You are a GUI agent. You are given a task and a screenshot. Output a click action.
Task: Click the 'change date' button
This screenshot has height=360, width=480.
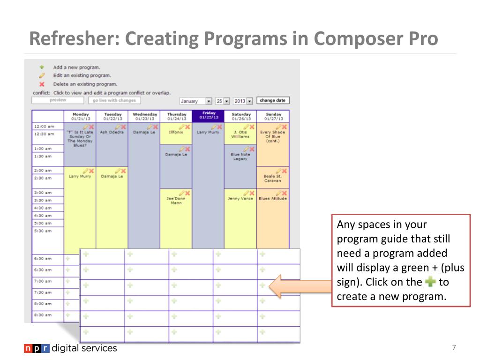(x=273, y=100)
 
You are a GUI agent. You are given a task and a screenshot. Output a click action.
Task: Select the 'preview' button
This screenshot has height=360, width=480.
(x=58, y=100)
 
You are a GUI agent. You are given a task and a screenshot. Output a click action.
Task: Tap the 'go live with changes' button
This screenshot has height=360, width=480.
(x=114, y=100)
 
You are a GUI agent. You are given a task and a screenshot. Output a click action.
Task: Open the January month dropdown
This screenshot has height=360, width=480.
(x=196, y=101)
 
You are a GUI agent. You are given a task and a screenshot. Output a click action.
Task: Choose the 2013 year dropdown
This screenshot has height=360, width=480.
(x=243, y=101)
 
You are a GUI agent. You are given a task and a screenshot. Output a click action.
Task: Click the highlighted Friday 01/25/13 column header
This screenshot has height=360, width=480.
(x=209, y=116)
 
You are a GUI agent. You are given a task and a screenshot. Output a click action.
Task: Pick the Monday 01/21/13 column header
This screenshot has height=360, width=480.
(x=80, y=116)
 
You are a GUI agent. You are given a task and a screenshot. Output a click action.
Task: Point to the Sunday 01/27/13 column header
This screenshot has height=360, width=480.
(x=273, y=116)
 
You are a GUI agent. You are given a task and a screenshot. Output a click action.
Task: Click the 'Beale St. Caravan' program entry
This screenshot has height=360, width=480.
(x=273, y=179)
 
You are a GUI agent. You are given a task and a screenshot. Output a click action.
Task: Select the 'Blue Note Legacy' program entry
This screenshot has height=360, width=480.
(x=240, y=157)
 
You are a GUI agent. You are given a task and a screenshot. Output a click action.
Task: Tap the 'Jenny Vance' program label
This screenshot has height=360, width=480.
(x=240, y=199)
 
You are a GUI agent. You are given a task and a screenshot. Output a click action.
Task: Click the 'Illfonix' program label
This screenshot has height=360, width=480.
(x=176, y=132)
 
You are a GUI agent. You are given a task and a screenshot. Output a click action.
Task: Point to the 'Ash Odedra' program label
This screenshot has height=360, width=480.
(x=112, y=132)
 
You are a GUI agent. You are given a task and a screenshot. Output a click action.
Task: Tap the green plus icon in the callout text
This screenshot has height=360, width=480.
(x=430, y=282)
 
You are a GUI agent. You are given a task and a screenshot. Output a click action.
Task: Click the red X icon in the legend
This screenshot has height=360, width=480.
(x=42, y=84)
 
